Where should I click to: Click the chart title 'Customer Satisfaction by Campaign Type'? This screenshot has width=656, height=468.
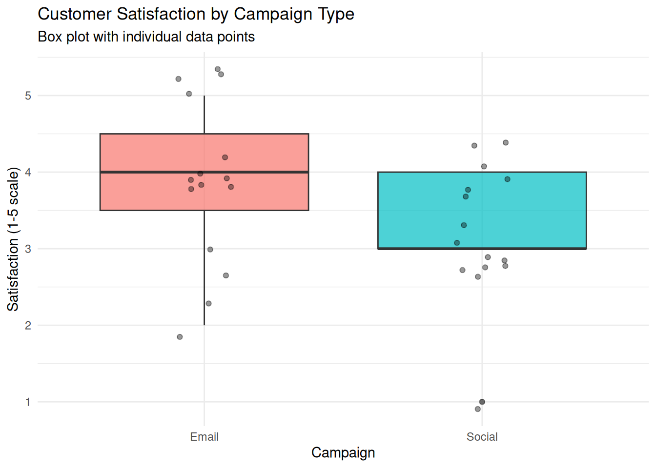coord(196,14)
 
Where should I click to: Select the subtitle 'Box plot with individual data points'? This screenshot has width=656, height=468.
coord(146,37)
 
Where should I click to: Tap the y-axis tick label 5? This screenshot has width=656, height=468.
coord(28,96)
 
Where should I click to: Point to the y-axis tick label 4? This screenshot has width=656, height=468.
coord(28,172)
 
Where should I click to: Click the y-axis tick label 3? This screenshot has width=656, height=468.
coord(28,249)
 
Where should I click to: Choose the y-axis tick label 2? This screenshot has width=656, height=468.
coord(28,325)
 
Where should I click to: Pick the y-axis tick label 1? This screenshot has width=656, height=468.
coord(28,402)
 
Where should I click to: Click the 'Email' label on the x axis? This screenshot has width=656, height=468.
coord(205,437)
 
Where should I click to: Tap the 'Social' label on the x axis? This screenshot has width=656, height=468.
coord(482,437)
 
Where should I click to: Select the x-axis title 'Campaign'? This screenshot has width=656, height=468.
coord(343,453)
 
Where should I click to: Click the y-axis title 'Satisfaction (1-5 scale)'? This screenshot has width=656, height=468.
coord(13,239)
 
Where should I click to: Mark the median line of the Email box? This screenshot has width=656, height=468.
coord(205,172)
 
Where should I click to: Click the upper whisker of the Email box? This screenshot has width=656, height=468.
coord(205,115)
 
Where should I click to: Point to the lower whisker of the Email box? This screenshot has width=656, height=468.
coord(205,268)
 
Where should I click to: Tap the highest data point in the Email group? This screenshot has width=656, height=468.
coord(218,69)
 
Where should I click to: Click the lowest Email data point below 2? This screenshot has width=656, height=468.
coord(180,337)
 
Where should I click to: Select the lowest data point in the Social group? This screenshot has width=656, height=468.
coord(478,409)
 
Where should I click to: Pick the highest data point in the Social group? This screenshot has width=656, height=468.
coord(506,143)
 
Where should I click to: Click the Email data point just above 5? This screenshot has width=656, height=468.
coord(189,94)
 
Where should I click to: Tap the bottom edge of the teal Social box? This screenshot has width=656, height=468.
coord(482,249)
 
